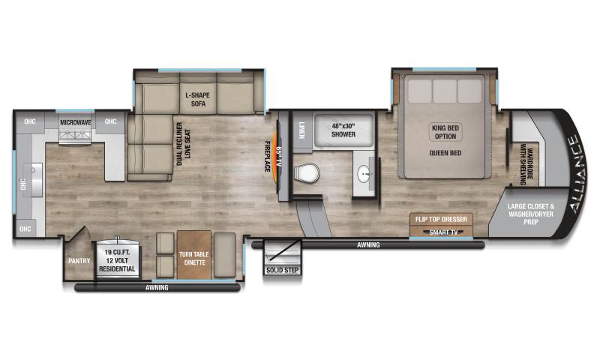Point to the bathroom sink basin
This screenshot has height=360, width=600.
pyautogui.click(x=365, y=175)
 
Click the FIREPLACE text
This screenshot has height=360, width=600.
pyautogui.click(x=267, y=157)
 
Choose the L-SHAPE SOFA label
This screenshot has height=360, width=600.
pyautogui.click(x=198, y=100)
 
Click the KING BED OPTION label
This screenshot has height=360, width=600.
pyautogui.click(x=444, y=133)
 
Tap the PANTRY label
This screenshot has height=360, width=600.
pyautogui.click(x=78, y=261)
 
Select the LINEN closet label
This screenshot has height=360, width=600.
pyautogui.click(x=301, y=127)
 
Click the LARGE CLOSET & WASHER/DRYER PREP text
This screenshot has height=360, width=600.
pyautogui.click(x=531, y=213)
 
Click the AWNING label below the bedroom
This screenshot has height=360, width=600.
pyautogui.click(x=367, y=245)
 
